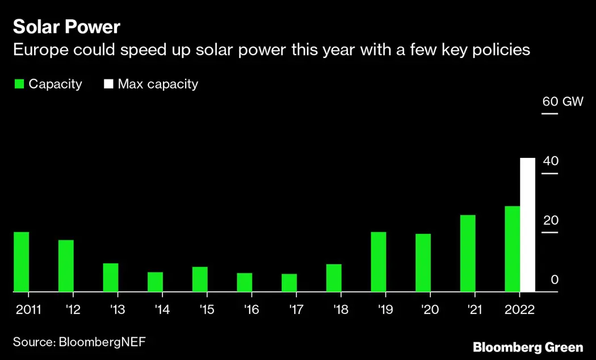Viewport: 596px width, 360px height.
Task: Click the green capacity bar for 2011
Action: click(x=22, y=262)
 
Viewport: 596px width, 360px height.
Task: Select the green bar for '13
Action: click(x=111, y=278)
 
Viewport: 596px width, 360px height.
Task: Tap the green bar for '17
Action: click(x=289, y=283)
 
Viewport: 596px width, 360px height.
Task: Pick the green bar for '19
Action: click(x=378, y=262)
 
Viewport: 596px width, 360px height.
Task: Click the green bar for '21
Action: click(x=468, y=253)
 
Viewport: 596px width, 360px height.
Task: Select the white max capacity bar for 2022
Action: click(x=527, y=225)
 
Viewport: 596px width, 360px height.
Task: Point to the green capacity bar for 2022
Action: click(x=512, y=249)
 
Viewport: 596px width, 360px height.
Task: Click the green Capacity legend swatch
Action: click(x=19, y=85)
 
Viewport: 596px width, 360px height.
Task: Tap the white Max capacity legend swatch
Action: click(x=108, y=85)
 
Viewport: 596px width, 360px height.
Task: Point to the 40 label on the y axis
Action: click(x=551, y=161)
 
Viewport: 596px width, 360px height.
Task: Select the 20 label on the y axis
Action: click(x=551, y=220)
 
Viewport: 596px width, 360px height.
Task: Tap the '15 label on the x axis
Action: click(x=208, y=310)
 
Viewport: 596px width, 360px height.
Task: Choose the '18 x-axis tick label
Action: click(x=342, y=310)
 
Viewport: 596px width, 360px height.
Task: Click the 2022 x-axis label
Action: click(x=520, y=310)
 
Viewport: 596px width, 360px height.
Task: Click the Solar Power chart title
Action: click(x=66, y=27)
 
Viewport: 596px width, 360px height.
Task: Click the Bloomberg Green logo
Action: click(x=528, y=347)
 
